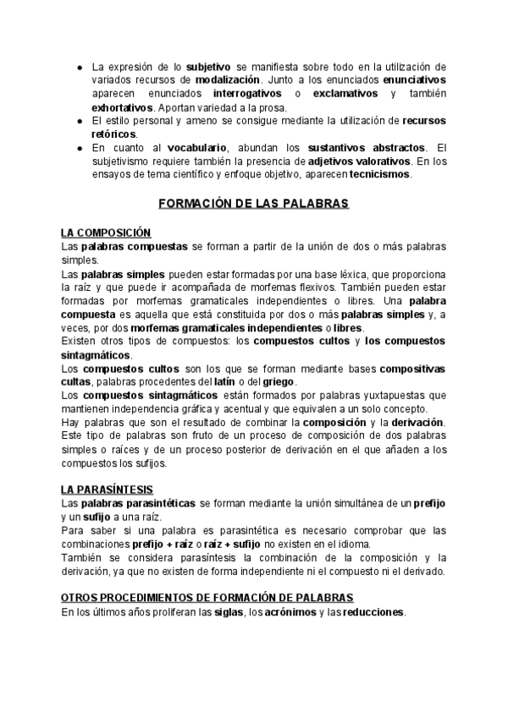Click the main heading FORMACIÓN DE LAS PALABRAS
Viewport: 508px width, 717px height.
(x=253, y=204)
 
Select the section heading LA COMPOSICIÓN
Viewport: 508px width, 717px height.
(x=106, y=233)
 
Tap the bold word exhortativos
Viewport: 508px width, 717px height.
(x=123, y=107)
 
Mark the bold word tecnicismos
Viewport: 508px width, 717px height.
(x=379, y=174)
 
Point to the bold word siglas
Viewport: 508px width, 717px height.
(x=240, y=611)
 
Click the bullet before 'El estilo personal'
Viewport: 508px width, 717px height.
(x=79, y=121)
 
